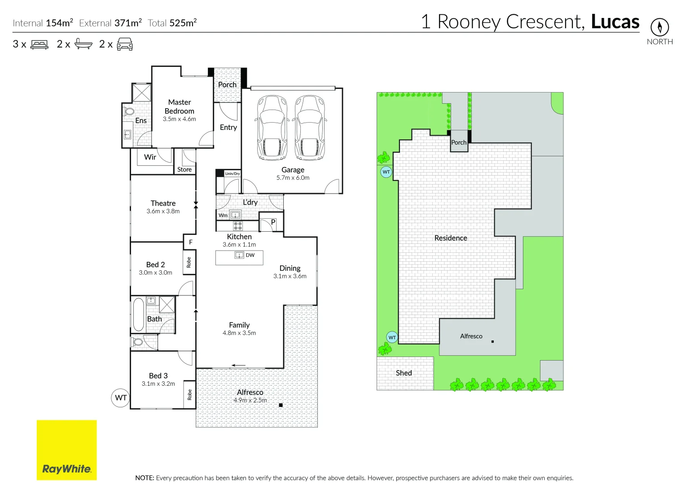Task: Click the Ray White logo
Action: [66, 450]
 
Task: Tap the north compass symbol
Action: [659, 27]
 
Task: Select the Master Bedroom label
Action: [180, 106]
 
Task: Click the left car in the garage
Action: [272, 128]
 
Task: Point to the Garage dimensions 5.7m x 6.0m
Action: [293, 178]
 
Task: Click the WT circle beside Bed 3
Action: [120, 398]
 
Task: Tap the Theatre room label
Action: [163, 203]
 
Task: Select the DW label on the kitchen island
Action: [250, 255]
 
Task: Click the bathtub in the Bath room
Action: [138, 314]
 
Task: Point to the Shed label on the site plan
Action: [404, 373]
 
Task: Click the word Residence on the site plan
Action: [451, 238]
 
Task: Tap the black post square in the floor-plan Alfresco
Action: [281, 405]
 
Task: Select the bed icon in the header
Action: [40, 44]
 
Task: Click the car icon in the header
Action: [125, 44]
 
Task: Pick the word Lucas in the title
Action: [615, 22]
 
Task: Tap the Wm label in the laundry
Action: [223, 216]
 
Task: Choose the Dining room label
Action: [290, 268]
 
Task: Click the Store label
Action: [184, 169]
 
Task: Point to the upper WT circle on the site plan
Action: [386, 172]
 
